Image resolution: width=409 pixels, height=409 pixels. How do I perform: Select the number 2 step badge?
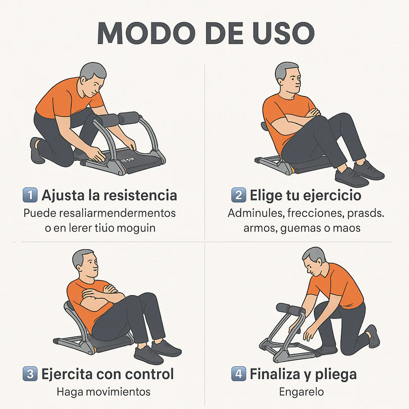[238, 195]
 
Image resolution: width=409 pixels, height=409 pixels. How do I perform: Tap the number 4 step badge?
[238, 374]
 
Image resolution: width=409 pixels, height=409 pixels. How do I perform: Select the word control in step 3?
[149, 374]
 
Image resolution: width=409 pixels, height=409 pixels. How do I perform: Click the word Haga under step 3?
[69, 392]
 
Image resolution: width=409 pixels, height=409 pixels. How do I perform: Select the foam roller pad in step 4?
[287, 308]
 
